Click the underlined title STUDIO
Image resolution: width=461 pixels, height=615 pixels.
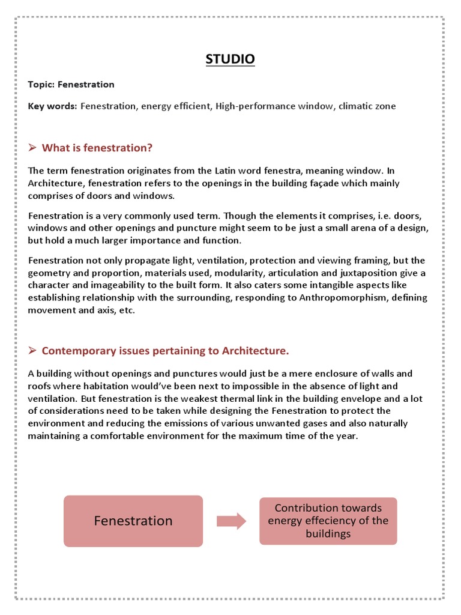pos(230,59)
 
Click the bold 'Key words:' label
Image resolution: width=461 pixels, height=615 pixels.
pos(53,106)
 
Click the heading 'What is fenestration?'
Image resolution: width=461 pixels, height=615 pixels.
pos(97,148)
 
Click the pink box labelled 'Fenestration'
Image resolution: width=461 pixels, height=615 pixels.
pos(133,521)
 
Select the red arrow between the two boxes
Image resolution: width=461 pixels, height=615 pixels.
pos(231,521)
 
